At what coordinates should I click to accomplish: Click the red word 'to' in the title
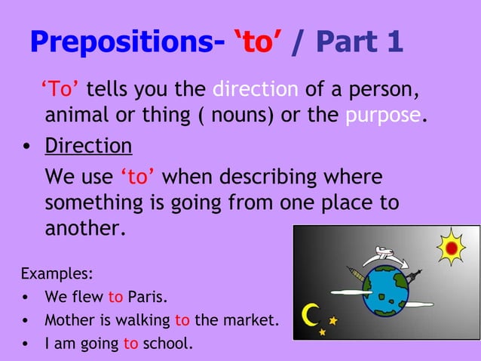(257, 43)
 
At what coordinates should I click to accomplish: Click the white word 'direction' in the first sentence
(256, 91)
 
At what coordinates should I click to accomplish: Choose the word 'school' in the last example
(166, 344)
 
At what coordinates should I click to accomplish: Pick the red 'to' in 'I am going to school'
(130, 344)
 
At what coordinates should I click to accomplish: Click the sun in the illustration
(452, 248)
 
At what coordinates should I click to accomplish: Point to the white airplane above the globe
(387, 255)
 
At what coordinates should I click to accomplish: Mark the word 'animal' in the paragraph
(76, 116)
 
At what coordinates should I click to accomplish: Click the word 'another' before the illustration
(84, 228)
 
